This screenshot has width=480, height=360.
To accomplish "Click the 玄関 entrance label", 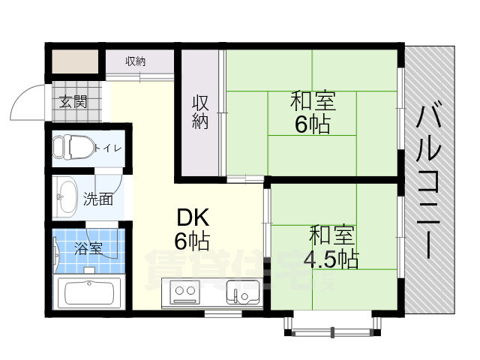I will tap(72, 101).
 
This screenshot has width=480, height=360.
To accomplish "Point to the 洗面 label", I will tap(98, 199).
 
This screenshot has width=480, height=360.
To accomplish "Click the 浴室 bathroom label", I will tap(89, 247).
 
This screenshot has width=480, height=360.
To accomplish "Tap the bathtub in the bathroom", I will tap(89, 292).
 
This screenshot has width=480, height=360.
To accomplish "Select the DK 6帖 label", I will tap(192, 229).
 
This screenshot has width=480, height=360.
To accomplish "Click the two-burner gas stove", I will tap(187, 292).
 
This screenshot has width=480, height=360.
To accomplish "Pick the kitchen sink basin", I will tap(242, 291).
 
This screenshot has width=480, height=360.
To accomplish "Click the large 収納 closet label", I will tap(199, 112).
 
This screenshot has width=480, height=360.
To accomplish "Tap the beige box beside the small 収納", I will tap(75, 60).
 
